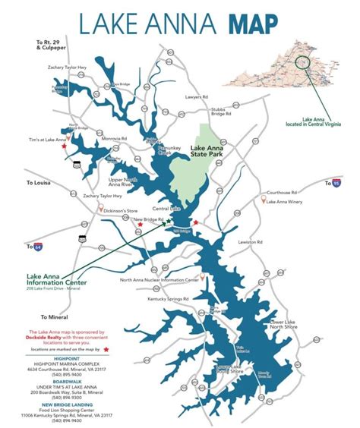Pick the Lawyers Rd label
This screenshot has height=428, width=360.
tap(198, 96)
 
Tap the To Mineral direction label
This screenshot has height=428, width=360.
tap(54, 316)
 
